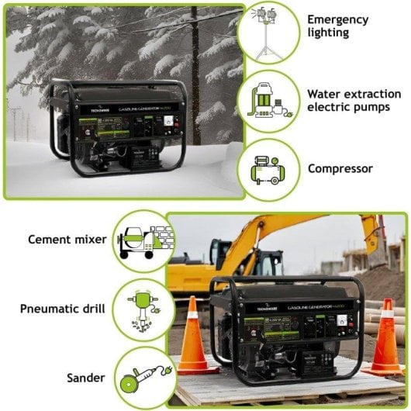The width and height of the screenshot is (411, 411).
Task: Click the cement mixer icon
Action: pos(143,240)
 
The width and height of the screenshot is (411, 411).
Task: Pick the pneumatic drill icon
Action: pos(143,309)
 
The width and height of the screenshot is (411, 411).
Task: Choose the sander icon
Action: pos(143,378)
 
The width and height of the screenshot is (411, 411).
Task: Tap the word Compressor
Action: pos(340,168)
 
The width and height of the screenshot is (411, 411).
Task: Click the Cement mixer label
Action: pos(67,240)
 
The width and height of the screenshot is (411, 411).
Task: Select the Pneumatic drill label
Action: pos(64,309)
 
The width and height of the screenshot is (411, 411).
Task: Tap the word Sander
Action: pos(86,378)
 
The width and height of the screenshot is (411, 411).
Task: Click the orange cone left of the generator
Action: pos(192,339)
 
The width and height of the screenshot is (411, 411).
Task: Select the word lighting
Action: pos(328,33)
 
